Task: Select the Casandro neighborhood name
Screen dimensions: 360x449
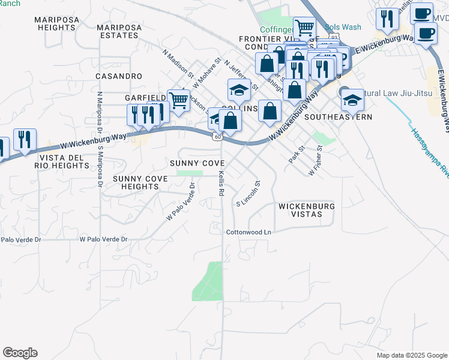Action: click(x=119, y=76)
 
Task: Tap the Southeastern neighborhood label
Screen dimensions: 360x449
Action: click(x=338, y=117)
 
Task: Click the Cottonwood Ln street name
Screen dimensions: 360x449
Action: click(x=249, y=232)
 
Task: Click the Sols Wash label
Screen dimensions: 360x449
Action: click(x=343, y=27)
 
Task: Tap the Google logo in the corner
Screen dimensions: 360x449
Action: click(x=20, y=353)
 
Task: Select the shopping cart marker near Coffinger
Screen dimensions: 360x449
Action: click(x=304, y=27)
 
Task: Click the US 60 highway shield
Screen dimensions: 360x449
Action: click(x=217, y=137)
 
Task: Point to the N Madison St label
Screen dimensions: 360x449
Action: click(x=178, y=64)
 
